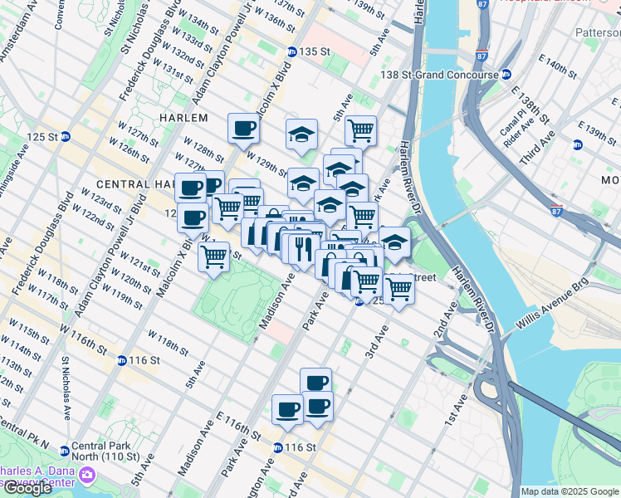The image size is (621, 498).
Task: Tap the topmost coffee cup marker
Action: coord(244,128)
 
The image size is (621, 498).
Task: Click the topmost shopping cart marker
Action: coord(360,129)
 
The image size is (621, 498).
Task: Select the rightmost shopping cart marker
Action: coord(399,287)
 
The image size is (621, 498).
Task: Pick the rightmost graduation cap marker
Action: coord(394,242)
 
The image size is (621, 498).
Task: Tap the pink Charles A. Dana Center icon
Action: coord(87,476)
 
